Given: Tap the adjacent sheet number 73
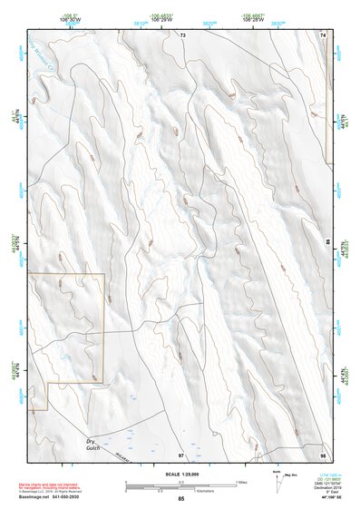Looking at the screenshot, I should [181, 34].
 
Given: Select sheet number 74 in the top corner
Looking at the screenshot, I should [323, 34].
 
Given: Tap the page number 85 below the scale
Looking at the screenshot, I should [181, 500].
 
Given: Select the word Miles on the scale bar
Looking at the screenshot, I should [241, 481].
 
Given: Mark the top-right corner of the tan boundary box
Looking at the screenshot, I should [103, 274].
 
